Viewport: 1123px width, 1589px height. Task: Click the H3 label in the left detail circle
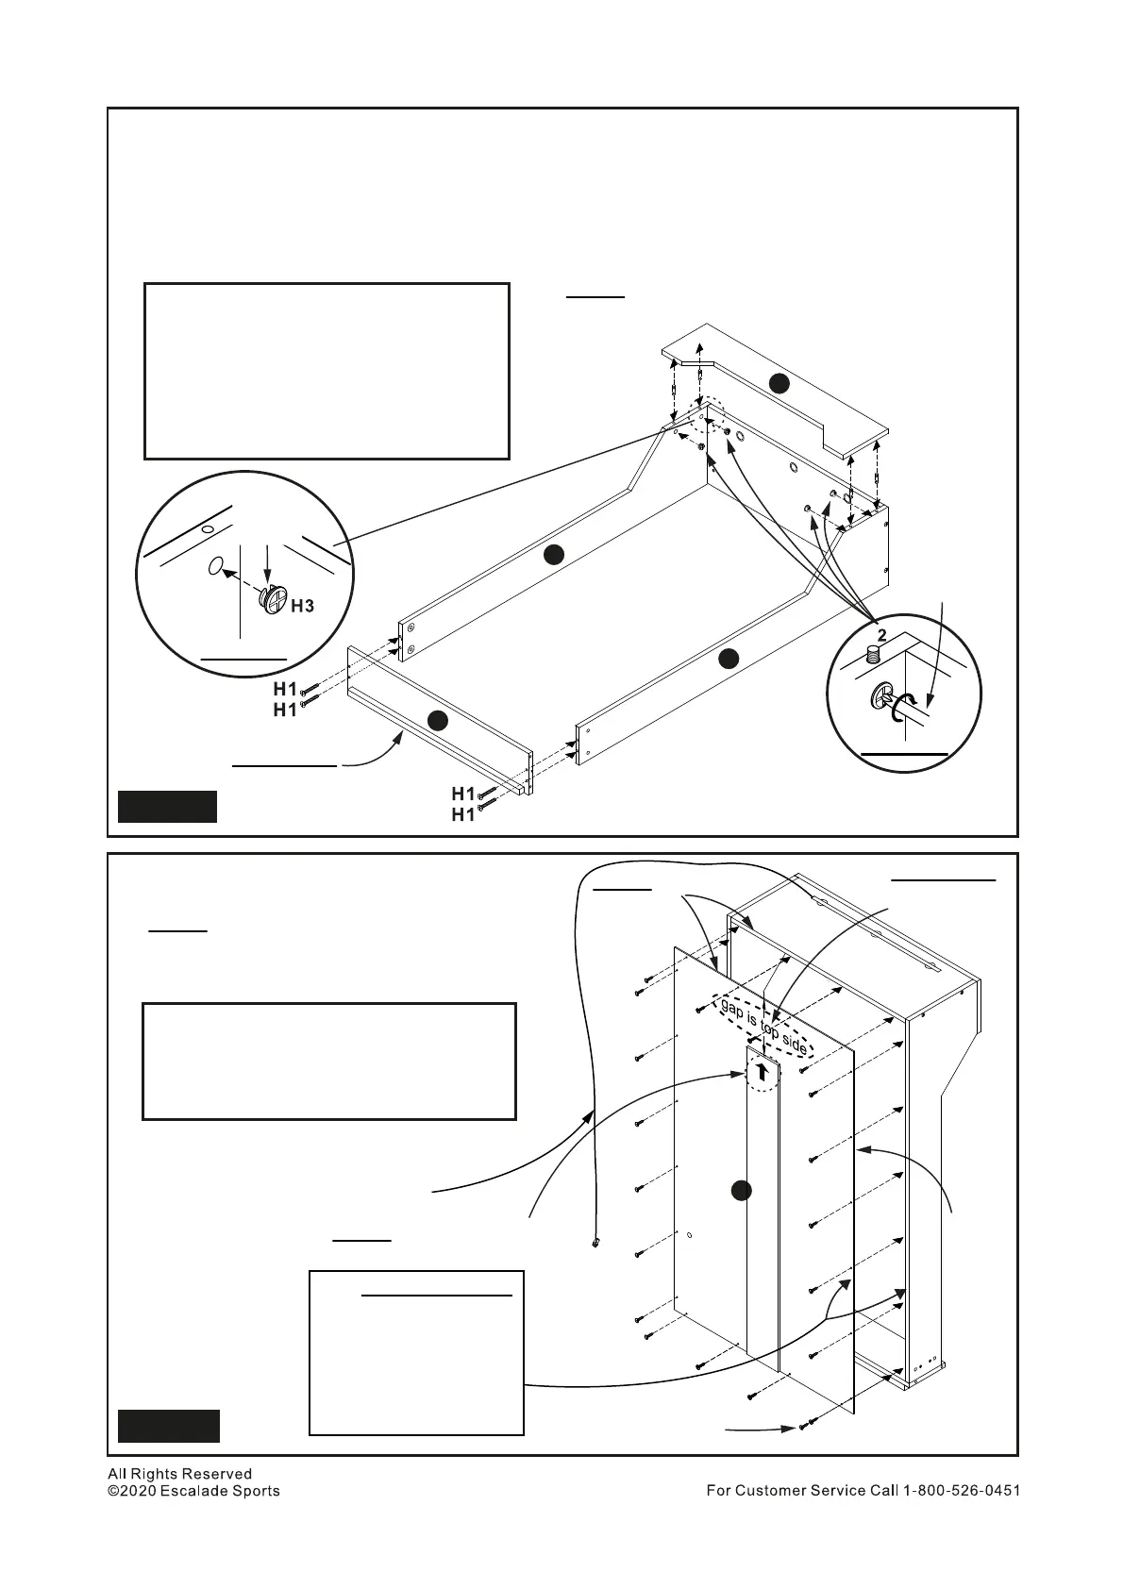(x=302, y=606)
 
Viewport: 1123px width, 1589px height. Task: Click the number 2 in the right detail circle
(x=880, y=634)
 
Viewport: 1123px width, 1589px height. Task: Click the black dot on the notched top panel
(x=778, y=382)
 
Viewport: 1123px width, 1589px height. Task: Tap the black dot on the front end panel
(x=436, y=721)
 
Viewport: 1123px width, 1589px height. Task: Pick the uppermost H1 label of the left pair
(x=285, y=689)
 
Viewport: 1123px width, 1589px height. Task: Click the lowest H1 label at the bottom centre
(x=462, y=815)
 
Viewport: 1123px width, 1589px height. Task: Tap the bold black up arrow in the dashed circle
(x=762, y=1072)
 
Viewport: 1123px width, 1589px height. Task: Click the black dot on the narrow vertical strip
(x=742, y=1191)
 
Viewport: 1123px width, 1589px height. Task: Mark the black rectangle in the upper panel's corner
(x=167, y=807)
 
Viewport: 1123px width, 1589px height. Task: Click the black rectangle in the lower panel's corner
(x=168, y=1426)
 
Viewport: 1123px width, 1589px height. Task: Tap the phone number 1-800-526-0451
(x=962, y=1491)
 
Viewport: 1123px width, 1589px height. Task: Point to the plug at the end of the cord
(x=595, y=1244)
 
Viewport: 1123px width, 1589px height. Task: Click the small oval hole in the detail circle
(x=215, y=567)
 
